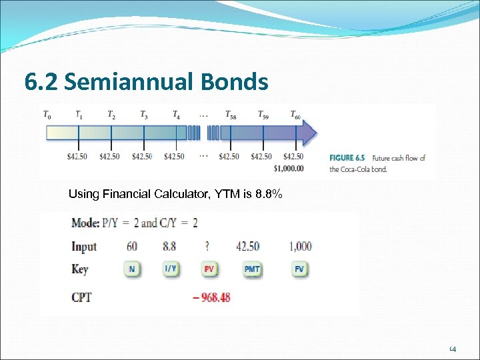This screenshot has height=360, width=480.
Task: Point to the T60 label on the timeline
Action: click(295, 115)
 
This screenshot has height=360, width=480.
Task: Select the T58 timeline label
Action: click(230, 115)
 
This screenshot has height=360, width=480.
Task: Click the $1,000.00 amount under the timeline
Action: click(288, 168)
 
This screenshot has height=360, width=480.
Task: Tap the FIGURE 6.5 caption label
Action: click(347, 158)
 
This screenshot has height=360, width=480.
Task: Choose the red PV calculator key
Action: click(209, 269)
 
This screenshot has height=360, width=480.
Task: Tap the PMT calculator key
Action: click(252, 269)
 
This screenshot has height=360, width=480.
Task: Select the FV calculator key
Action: click(299, 269)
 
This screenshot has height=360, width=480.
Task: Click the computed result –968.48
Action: click(211, 297)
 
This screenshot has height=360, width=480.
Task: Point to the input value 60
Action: click(132, 246)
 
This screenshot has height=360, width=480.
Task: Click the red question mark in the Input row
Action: click(209, 246)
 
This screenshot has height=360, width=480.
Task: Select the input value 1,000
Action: click(300, 246)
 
